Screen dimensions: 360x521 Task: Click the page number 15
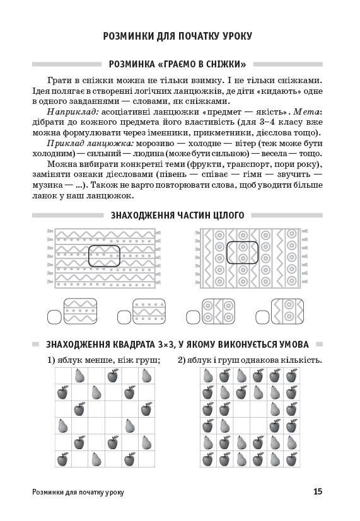[x=318, y=491]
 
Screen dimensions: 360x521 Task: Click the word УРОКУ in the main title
[x=235, y=36]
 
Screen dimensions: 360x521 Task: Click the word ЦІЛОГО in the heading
[x=228, y=215]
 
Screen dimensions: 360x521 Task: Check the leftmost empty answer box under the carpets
[x=54, y=317]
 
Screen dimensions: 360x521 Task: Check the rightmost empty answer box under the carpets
[x=263, y=317]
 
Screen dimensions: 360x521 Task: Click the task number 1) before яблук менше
[x=51, y=360]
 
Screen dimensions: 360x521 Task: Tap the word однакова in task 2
[x=258, y=360]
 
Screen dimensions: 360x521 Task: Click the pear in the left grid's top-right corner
[x=147, y=376]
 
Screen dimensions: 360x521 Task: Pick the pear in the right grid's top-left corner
[x=208, y=376]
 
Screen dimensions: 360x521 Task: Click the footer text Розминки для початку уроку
[x=78, y=492]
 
